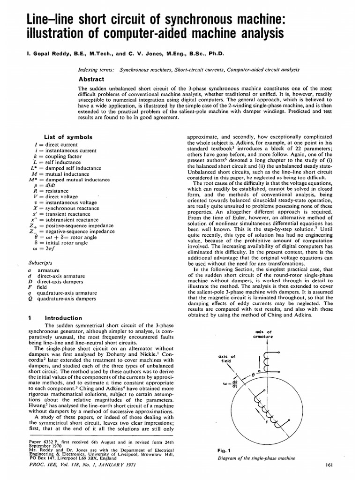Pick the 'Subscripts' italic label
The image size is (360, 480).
point(40,263)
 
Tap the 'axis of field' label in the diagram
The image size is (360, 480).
point(227,359)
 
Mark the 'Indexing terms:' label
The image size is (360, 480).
point(97,69)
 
